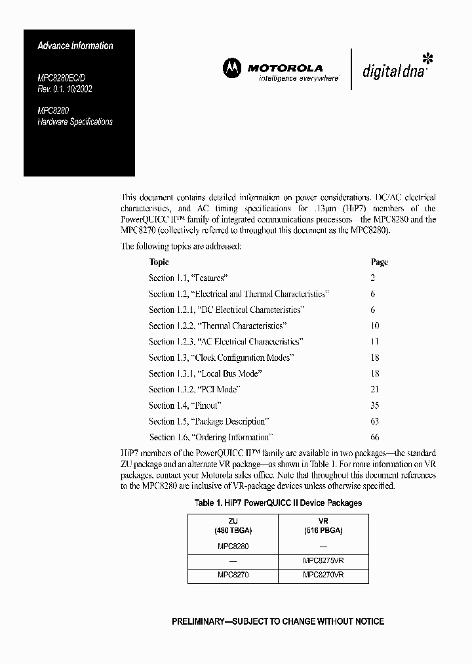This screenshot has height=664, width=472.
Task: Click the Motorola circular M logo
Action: [x=232, y=67]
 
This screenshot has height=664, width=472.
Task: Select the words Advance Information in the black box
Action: [x=75, y=46]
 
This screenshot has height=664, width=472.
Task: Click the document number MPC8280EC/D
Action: [x=65, y=77]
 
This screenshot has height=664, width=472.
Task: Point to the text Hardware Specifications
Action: [x=75, y=122]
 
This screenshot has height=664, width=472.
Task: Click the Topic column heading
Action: [x=159, y=262]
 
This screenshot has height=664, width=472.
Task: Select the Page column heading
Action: [x=379, y=262]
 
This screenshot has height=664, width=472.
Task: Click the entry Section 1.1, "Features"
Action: [x=188, y=278]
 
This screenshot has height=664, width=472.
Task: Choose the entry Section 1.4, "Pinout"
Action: [x=182, y=405]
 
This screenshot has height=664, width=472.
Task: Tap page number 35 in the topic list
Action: [x=374, y=405]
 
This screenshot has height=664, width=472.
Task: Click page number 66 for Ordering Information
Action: [x=374, y=437]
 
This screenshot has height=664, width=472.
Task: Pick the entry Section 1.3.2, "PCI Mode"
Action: [x=194, y=389]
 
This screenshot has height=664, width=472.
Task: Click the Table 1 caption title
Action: [x=278, y=503]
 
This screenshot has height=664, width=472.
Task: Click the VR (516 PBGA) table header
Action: [x=323, y=526]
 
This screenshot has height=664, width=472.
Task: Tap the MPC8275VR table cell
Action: [x=323, y=560]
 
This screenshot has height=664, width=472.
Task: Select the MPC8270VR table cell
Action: [x=323, y=575]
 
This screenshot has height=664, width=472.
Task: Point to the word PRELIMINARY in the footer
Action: [x=204, y=621]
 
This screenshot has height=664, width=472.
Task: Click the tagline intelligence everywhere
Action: [x=290, y=77]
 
